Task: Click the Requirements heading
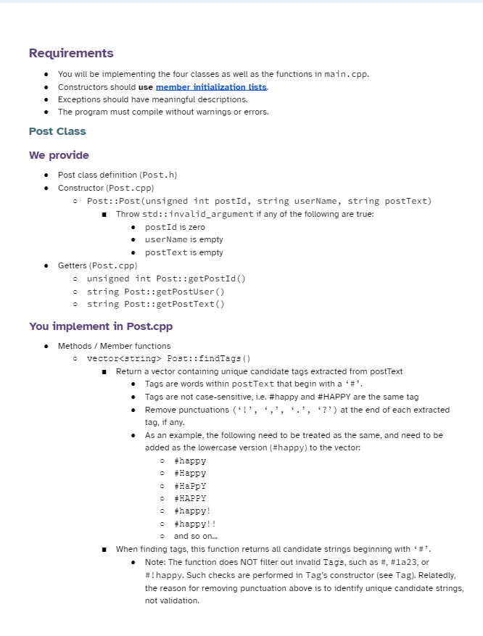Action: point(71,53)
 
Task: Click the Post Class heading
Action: point(57,131)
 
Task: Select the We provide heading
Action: point(59,155)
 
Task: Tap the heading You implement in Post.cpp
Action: point(101,326)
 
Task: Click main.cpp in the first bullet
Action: point(345,74)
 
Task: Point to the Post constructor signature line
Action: point(259,201)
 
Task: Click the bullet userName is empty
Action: point(183,239)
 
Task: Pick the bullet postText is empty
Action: point(183,252)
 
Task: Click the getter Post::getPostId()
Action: point(166,278)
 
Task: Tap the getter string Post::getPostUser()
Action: point(155,292)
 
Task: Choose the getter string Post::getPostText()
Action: point(155,304)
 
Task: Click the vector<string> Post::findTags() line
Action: point(168,358)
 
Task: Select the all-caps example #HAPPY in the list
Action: point(190,498)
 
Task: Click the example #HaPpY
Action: point(190,486)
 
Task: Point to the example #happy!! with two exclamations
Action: point(195,524)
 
